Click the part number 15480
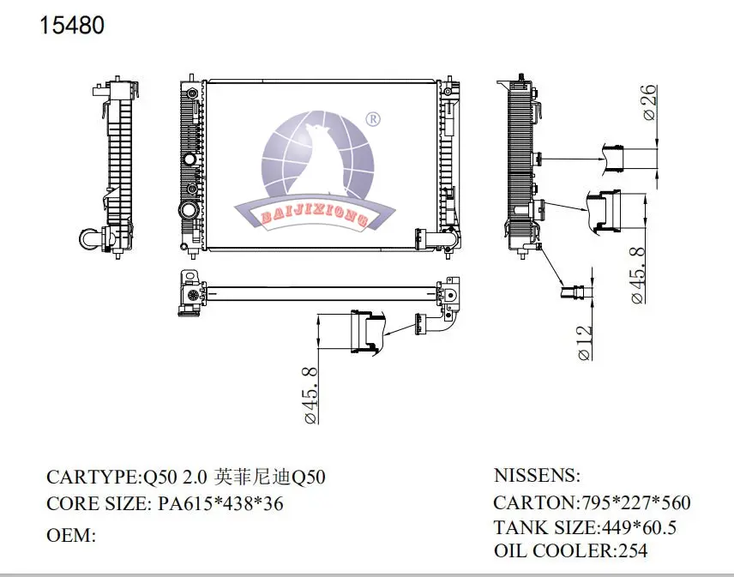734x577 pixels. (x=73, y=26)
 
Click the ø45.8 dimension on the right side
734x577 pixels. (x=637, y=274)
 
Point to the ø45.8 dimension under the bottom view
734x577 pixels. (x=310, y=395)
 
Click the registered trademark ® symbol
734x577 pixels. (x=373, y=119)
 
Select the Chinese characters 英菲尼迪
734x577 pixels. (x=253, y=478)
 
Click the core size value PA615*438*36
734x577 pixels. (x=221, y=504)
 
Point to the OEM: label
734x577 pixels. (x=69, y=536)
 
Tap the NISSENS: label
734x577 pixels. (x=538, y=476)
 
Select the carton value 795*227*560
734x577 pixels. (x=636, y=503)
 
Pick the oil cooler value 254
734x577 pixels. (x=632, y=551)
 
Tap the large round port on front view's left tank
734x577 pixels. (x=187, y=212)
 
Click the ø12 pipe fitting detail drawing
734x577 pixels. (x=578, y=292)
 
